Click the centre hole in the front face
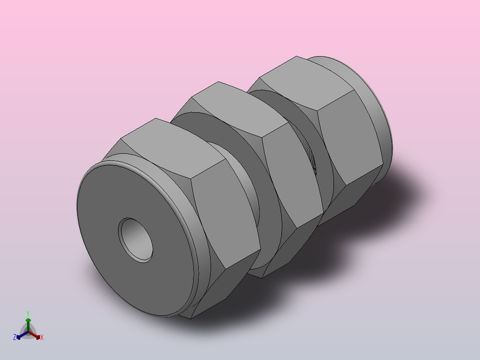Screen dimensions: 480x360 136,240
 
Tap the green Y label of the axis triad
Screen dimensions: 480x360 28,313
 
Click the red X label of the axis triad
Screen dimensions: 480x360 42,337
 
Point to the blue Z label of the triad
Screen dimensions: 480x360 15,337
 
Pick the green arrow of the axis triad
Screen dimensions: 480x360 28,325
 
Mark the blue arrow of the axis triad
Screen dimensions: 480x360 22,335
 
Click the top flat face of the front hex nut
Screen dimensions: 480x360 173,147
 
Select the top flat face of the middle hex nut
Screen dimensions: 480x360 240,109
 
